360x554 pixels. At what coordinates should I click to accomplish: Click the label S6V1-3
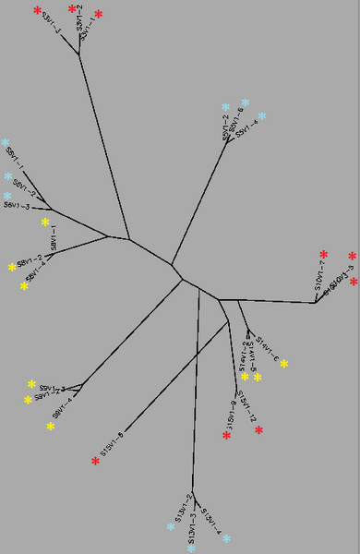click(x=17, y=207)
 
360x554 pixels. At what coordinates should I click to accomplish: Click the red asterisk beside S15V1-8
click(x=95, y=460)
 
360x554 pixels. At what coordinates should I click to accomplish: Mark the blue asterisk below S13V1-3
click(x=190, y=548)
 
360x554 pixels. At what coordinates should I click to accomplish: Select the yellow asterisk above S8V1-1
click(x=44, y=222)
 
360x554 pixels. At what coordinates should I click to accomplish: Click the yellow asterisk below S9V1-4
click(x=51, y=426)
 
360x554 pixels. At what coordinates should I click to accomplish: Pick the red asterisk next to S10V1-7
click(x=323, y=254)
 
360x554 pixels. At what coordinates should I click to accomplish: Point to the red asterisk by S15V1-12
click(x=258, y=430)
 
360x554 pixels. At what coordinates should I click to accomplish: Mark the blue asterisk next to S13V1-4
click(x=225, y=537)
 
